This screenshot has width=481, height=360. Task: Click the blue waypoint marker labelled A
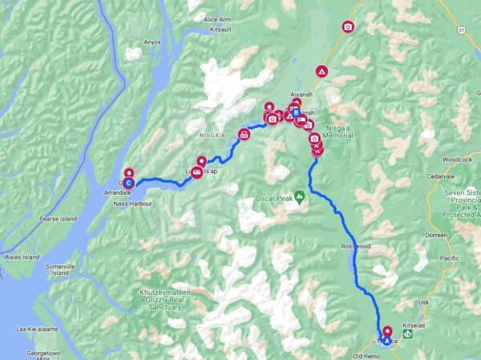[387, 340]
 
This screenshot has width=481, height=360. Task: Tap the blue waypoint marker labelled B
[296, 113]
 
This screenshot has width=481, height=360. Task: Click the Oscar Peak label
[270, 197]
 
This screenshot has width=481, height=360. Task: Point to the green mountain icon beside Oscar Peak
[299, 195]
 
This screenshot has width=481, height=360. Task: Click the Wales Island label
[20, 257]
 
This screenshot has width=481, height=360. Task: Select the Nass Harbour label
[132, 204]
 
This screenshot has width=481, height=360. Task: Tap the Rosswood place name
[355, 246]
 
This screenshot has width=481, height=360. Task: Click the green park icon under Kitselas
[408, 335]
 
